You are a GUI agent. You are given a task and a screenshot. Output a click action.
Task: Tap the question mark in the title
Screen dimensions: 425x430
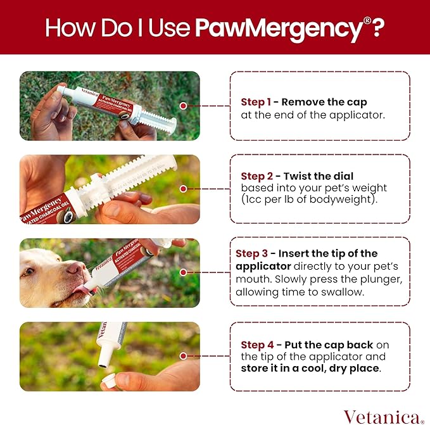[378, 28]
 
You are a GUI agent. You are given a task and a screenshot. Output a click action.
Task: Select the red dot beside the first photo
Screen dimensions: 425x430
[183, 106]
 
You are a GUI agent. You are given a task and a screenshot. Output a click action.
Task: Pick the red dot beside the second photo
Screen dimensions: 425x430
[183, 189]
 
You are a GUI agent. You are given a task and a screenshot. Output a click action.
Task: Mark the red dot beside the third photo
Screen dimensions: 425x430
[183, 272]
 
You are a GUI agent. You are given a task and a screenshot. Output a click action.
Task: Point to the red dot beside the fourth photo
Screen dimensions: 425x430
[183, 357]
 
